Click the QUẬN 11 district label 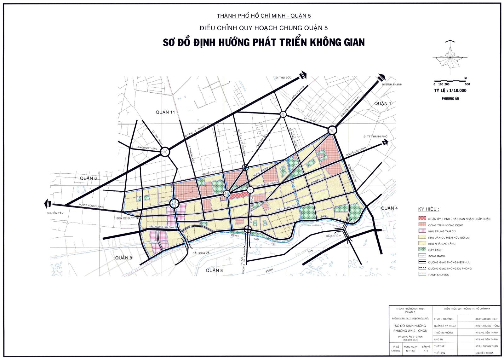click(165, 112)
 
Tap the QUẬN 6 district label click(88, 178)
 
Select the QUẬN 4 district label click(389, 208)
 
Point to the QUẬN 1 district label click(383, 104)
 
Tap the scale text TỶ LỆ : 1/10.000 click(450, 90)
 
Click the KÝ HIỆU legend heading click(428, 209)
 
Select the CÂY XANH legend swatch click(422, 250)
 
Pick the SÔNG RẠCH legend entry click(436, 256)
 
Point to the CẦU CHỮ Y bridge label click(333, 236)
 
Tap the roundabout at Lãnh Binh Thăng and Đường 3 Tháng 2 click(165, 152)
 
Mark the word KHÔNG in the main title click(322, 42)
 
